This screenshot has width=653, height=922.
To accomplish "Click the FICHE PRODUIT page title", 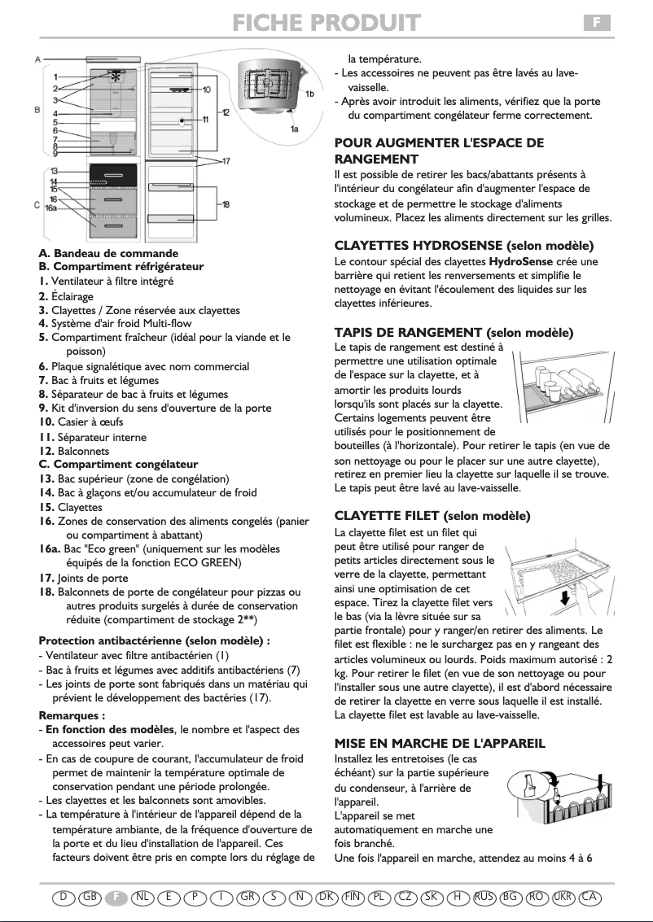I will pyautogui.click(x=326, y=22).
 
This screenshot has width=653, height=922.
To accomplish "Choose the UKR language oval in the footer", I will pyautogui.click(x=562, y=897).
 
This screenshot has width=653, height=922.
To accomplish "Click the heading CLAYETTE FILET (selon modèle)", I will pyautogui.click(x=432, y=516).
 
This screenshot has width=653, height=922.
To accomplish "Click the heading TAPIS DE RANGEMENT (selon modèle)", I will pyautogui.click(x=454, y=332).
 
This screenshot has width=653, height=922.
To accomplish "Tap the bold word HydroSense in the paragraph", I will pyautogui.click(x=516, y=261).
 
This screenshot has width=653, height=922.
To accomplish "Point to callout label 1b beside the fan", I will pyautogui.click(x=310, y=94).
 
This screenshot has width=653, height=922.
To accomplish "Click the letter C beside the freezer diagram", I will pyautogui.click(x=37, y=204).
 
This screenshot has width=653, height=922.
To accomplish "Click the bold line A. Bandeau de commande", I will pyautogui.click(x=108, y=253).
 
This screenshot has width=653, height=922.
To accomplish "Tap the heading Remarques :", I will pyautogui.click(x=72, y=716).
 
